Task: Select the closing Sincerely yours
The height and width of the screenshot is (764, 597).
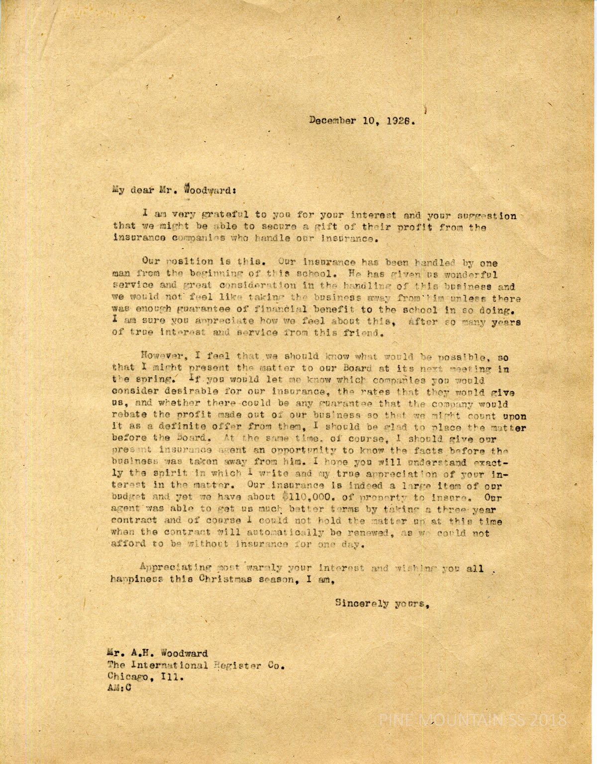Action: pyautogui.click(x=382, y=603)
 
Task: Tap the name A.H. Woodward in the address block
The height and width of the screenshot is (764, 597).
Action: pyautogui.click(x=158, y=653)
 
